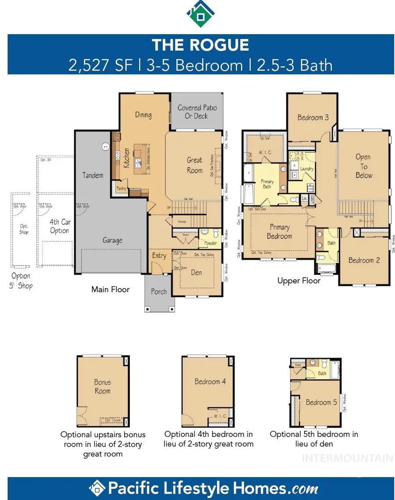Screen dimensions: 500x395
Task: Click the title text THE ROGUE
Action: click(x=200, y=45)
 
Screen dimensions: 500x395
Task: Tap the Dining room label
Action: click(x=143, y=115)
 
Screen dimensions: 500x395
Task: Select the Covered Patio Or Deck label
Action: click(x=197, y=112)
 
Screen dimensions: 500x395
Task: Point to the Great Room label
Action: click(x=194, y=165)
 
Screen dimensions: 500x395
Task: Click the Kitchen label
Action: click(x=126, y=158)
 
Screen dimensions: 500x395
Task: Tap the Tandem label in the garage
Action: click(x=93, y=175)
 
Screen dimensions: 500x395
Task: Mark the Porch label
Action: click(x=159, y=291)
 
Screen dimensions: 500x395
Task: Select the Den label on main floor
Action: click(x=196, y=272)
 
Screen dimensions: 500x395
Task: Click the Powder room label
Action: click(x=210, y=243)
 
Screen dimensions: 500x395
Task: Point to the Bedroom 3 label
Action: click(x=313, y=117)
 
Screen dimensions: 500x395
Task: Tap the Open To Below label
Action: click(x=363, y=166)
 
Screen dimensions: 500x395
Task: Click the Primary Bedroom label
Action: click(x=279, y=231)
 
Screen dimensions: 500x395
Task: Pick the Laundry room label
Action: click(x=307, y=169)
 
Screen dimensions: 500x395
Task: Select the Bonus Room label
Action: click(x=102, y=386)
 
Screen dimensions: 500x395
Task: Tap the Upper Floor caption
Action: click(x=298, y=281)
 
